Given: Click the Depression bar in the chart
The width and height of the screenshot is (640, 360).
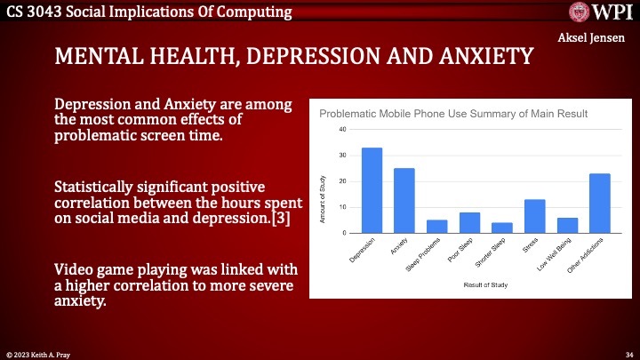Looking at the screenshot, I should pyautogui.click(x=372, y=190).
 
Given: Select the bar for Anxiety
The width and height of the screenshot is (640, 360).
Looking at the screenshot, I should pyautogui.click(x=404, y=201).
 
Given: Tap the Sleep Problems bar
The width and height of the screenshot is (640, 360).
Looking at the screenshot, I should pyautogui.click(x=436, y=227).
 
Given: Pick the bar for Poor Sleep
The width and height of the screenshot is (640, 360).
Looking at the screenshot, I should pyautogui.click(x=469, y=223).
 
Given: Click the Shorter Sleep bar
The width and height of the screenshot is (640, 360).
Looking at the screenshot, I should pyautogui.click(x=502, y=228).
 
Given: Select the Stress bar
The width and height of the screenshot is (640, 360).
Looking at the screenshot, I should pyautogui.click(x=534, y=216).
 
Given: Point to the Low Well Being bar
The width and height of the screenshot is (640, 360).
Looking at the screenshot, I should pyautogui.click(x=567, y=226).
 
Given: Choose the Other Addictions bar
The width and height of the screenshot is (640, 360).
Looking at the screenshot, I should pyautogui.click(x=599, y=204).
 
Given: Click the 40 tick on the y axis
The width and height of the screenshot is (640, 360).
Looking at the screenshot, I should pyautogui.click(x=342, y=130).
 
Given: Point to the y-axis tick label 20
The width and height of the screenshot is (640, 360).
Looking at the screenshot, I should pyautogui.click(x=342, y=181).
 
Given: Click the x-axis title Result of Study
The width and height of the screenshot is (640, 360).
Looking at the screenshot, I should pyautogui.click(x=486, y=285).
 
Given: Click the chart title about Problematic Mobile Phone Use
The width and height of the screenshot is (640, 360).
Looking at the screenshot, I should pyautogui.click(x=453, y=114).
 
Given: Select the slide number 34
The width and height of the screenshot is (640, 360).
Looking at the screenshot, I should pyautogui.click(x=629, y=354).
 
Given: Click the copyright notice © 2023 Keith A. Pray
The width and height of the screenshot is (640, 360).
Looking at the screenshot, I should pyautogui.click(x=41, y=354).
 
